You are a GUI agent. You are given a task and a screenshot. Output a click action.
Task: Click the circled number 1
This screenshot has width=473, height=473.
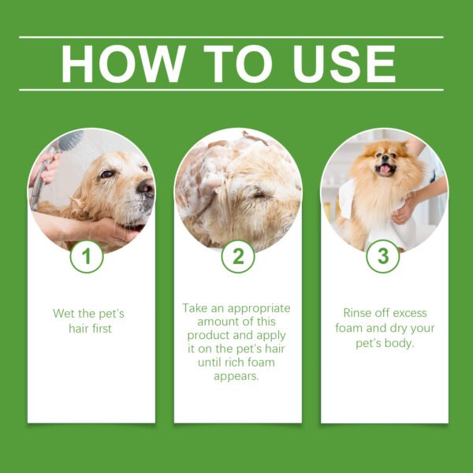pyautogui.click(x=87, y=256)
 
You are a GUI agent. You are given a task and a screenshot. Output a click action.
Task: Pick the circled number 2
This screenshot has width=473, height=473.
pyautogui.click(x=237, y=256)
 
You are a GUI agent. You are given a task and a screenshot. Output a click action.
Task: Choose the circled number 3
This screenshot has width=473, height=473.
pyautogui.click(x=383, y=256)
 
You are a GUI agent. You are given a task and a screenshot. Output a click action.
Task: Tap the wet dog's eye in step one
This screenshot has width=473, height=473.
pyautogui.click(x=107, y=173)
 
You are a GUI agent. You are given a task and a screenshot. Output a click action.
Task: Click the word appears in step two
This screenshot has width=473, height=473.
pyautogui.click(x=237, y=376)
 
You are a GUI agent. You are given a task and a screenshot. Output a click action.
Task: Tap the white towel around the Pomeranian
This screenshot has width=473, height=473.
pyautogui.click(x=347, y=201)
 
